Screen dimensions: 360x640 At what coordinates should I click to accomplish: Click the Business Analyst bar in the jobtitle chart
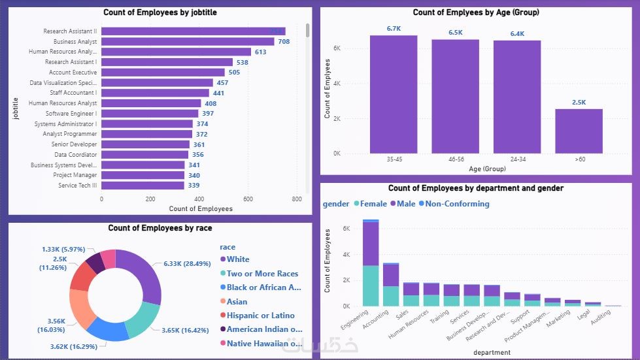[188, 42]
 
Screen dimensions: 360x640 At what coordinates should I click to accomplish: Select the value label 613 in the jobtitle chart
[260, 52]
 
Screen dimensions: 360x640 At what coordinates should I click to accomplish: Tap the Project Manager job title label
[75, 175]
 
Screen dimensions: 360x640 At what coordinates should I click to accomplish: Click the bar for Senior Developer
[145, 144]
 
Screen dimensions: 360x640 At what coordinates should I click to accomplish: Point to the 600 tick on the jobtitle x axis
[248, 199]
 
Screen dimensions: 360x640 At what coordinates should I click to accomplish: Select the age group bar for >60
[579, 131]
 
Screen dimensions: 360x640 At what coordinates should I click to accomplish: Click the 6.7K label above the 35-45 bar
[394, 29]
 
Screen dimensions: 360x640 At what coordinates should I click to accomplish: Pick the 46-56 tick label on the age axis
[455, 159]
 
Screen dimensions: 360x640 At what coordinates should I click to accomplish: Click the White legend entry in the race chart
[237, 259]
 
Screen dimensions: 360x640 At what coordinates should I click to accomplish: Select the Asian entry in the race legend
[237, 302]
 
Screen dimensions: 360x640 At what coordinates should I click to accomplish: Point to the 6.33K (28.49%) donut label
[182, 264]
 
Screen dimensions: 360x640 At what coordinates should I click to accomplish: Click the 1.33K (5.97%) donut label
[63, 250]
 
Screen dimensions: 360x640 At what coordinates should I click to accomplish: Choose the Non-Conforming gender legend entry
[457, 204]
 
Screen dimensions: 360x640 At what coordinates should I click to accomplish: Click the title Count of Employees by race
[160, 228]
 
